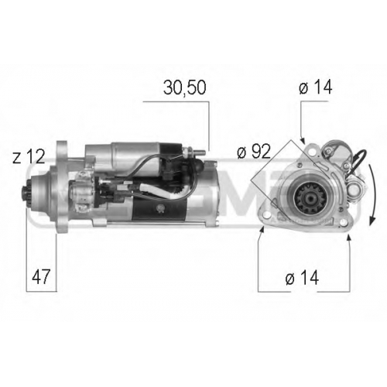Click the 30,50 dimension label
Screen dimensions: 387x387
click(185, 87)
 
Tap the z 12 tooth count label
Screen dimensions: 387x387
click(29, 156)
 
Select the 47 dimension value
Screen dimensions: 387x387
click(41, 276)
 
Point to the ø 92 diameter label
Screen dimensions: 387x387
click(254, 152)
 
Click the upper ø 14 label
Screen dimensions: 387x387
click(315, 87)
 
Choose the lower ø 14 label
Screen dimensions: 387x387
click(302, 278)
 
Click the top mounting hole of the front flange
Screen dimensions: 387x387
click(313, 152)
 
